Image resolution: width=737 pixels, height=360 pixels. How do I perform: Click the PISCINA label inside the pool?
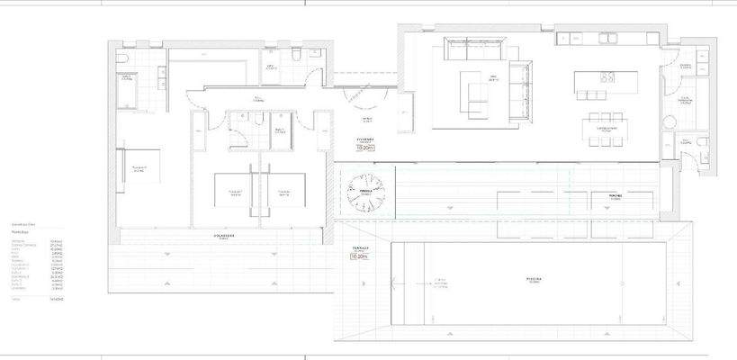pos(533,279)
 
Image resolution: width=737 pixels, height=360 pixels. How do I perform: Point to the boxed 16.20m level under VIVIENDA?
pos(366,147)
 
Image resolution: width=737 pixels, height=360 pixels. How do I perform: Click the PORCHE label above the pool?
pos(616,195)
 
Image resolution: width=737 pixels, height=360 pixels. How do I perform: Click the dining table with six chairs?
pos(606,129)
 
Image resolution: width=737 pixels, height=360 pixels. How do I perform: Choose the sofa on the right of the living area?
pos(520,90)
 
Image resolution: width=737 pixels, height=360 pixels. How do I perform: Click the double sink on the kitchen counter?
pos(604,39)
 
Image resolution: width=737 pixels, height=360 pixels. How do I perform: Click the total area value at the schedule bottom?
pos(57,297)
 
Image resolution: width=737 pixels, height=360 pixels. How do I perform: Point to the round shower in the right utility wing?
pos(670,123)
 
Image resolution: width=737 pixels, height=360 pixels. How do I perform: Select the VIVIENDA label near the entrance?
pos(365,139)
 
